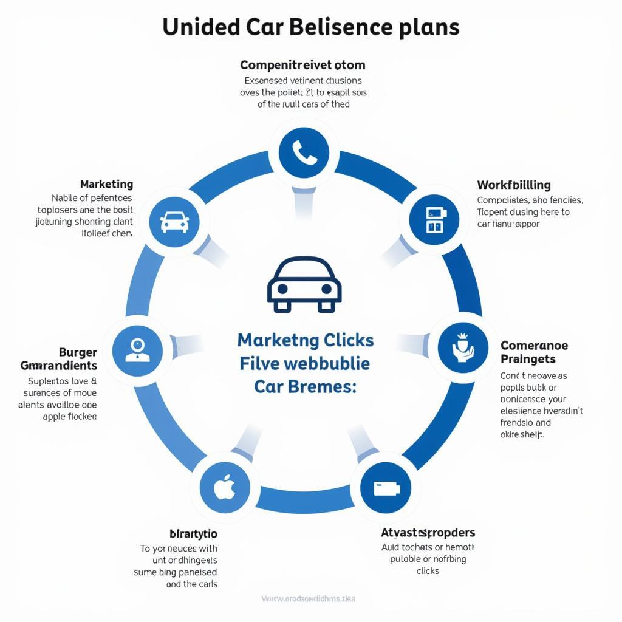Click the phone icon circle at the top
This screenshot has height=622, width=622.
304,152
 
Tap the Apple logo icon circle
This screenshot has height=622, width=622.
225,487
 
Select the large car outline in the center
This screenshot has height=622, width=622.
304,285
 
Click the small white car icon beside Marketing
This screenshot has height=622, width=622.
174,222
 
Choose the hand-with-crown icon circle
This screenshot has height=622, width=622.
463,348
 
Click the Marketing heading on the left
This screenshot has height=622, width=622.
106,184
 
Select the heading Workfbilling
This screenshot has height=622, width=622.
514,185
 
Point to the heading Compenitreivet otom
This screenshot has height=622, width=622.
302,64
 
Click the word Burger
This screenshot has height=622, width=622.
78,352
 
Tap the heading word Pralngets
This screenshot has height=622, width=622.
528,360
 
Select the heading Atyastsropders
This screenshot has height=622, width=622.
428,533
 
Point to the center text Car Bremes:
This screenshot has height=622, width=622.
304,386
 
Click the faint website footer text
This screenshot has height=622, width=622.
309,599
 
